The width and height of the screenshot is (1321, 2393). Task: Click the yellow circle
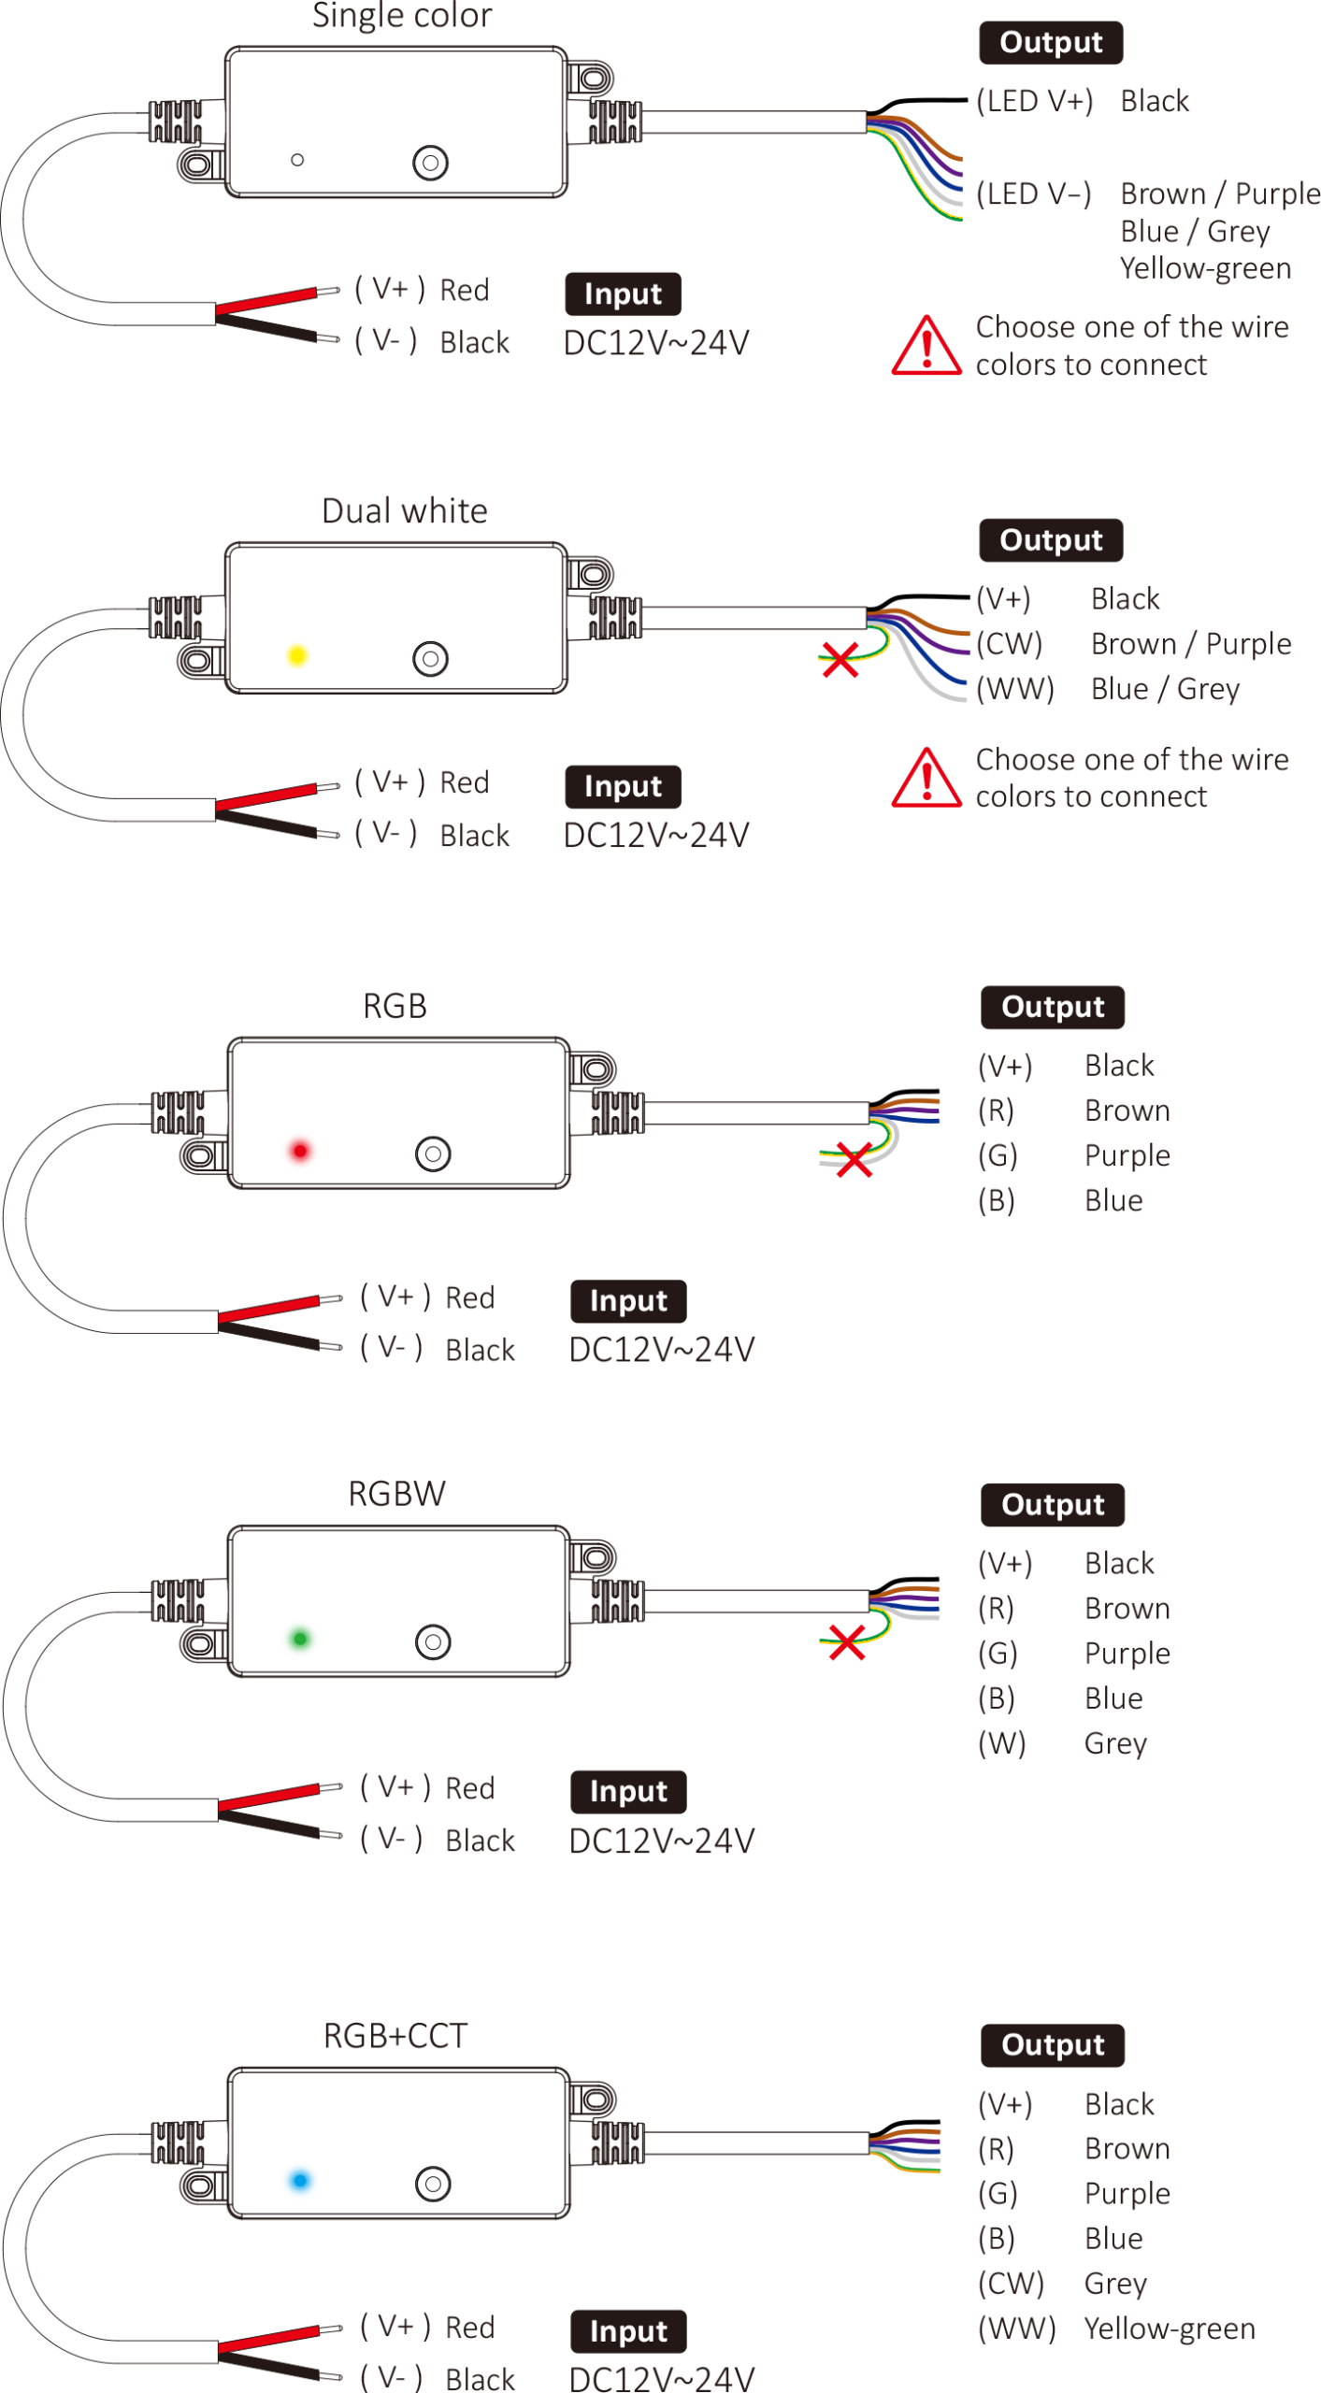(x=297, y=654)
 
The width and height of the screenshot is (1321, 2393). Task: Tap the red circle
(x=299, y=1151)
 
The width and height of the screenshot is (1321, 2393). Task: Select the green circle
(x=299, y=1639)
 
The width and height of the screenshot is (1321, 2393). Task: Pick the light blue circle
(x=299, y=2181)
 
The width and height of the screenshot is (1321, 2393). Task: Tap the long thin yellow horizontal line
(x=1122, y=215)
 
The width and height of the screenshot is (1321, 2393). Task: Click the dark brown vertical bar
(x=968, y=2271)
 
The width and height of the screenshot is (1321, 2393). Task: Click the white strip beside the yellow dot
(x=346, y=675)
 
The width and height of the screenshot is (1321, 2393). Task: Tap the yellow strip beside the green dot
(x=346, y=1658)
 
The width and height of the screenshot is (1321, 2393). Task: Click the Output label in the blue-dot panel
(x=1053, y=2044)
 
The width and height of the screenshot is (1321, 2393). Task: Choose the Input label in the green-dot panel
(x=628, y=1790)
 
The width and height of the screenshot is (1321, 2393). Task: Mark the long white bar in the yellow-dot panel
(x=754, y=618)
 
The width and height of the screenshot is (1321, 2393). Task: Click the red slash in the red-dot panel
(x=268, y=1309)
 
